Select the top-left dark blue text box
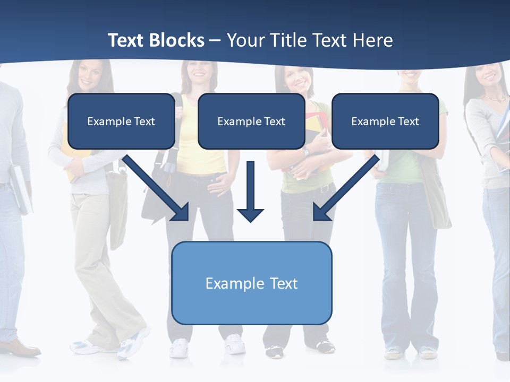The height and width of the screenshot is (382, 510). pyautogui.click(x=121, y=121)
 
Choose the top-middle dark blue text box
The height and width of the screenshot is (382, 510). pyautogui.click(x=251, y=121)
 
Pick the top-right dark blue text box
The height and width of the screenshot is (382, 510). pyautogui.click(x=385, y=121)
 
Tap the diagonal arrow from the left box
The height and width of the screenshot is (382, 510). pyautogui.click(x=157, y=188)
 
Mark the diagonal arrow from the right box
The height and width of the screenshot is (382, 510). pyautogui.click(x=346, y=188)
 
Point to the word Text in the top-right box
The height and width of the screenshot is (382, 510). pyautogui.click(x=408, y=121)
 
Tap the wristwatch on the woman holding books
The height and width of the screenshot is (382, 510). pyautogui.click(x=306, y=152)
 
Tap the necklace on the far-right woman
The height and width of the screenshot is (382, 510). pyautogui.click(x=496, y=98)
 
